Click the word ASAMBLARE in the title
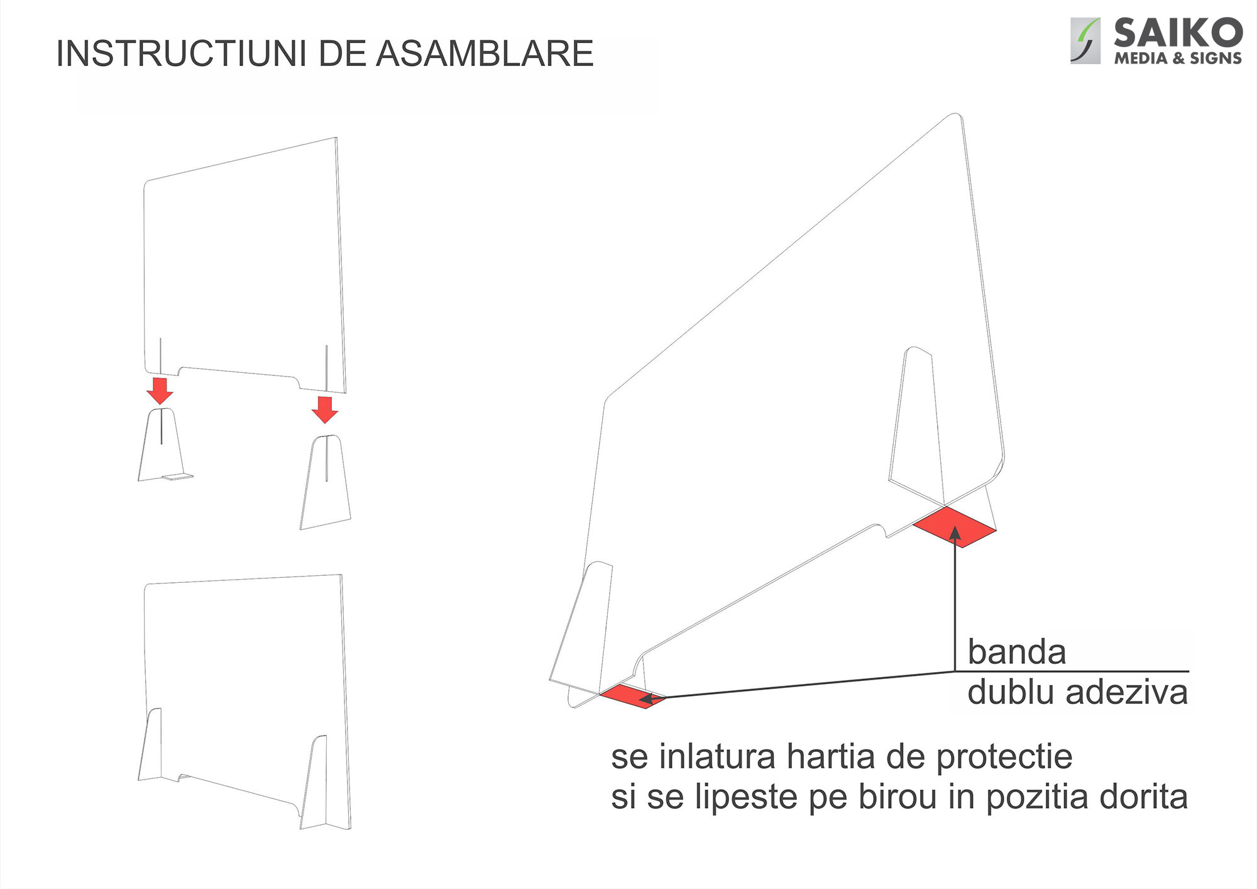485,53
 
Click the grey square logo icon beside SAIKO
1085,41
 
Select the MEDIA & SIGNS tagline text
1177,58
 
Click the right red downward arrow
325,409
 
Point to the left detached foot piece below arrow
162,446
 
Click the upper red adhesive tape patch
954,527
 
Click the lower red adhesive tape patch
631,696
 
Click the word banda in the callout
1016,652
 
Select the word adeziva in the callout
1126,693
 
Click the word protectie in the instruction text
1004,758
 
